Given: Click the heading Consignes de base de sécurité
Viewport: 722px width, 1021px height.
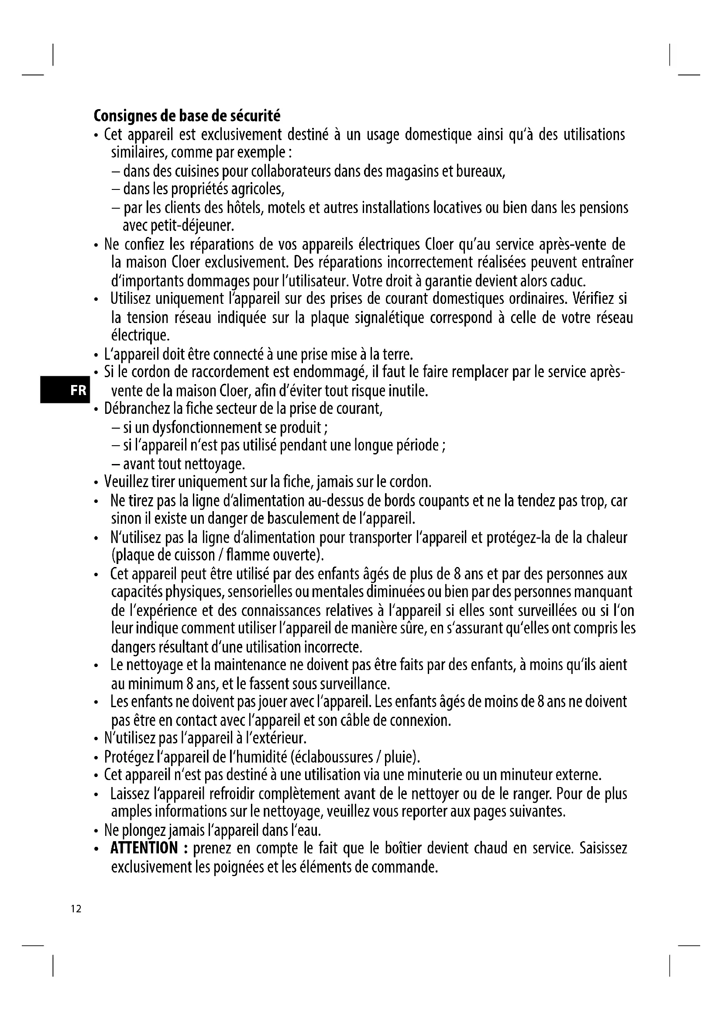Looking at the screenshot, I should coord(187,116).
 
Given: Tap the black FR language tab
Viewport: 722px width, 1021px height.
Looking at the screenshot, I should coord(65,390).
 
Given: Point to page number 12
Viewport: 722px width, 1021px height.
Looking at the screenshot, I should coord(76,909).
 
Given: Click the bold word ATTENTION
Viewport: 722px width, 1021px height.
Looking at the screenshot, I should coord(144,848).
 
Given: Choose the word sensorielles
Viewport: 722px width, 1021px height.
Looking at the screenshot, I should coord(252,592).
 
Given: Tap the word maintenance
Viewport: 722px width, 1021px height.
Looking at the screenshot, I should coord(250,665).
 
